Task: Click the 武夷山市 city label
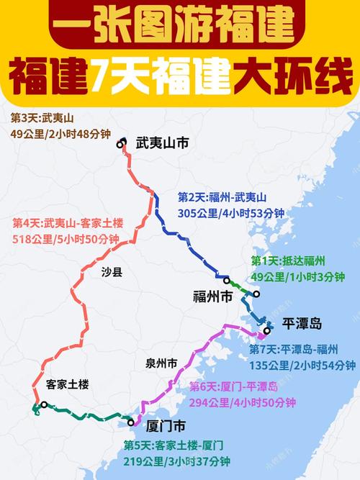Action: click(x=162, y=144)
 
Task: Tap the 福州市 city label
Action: click(x=212, y=296)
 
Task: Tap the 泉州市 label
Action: click(x=161, y=364)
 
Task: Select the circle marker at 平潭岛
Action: click(x=267, y=331)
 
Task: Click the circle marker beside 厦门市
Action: click(x=130, y=421)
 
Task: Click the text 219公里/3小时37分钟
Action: click(x=176, y=461)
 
